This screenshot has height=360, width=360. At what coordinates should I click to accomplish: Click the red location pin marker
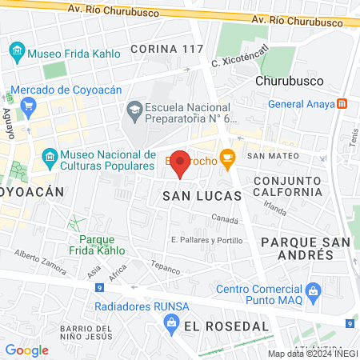181,163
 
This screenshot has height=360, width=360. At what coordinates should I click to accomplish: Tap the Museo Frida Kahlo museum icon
17,54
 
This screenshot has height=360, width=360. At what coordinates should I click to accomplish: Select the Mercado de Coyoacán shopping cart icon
29,104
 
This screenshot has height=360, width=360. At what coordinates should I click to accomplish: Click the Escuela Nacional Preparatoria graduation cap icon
134,108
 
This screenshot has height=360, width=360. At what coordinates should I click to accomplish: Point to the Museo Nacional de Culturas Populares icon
50,155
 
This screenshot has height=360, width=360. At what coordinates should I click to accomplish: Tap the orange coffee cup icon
227,157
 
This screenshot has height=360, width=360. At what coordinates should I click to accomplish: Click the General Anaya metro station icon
342,103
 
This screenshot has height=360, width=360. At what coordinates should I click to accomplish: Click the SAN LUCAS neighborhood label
190,195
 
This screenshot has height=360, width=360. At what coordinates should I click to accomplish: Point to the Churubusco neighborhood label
287,81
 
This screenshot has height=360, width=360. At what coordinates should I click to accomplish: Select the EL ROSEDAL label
226,326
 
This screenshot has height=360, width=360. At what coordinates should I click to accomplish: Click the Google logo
27,350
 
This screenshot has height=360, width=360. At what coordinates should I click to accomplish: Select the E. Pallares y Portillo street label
206,239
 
